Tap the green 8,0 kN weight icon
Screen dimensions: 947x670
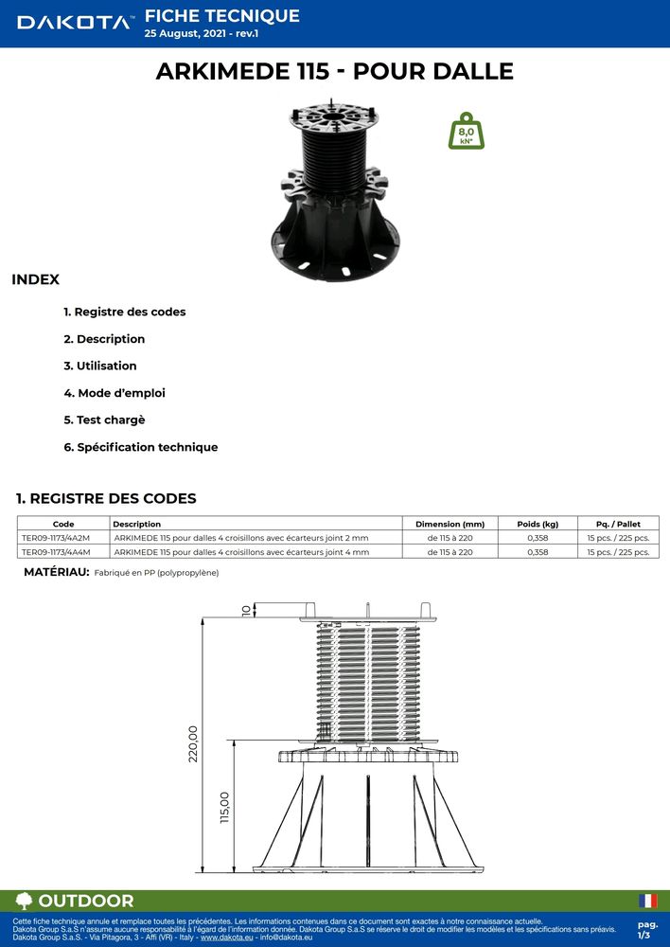467,132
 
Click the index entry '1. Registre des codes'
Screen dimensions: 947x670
125,312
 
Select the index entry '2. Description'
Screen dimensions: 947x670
104,339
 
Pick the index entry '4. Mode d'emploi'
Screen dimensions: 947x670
115,393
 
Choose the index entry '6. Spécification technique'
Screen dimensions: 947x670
141,447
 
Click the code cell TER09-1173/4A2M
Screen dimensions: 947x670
56,538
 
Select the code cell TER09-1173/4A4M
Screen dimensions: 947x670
56,551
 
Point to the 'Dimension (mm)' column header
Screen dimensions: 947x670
450,524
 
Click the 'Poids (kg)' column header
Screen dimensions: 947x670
538,524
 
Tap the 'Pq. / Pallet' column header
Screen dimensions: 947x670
618,524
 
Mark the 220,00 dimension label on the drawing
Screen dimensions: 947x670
193,744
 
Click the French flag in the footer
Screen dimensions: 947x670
648,901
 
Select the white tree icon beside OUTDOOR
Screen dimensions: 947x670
25,901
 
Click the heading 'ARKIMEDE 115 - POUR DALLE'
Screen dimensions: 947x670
335,71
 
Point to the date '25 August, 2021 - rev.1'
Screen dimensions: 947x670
201,33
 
